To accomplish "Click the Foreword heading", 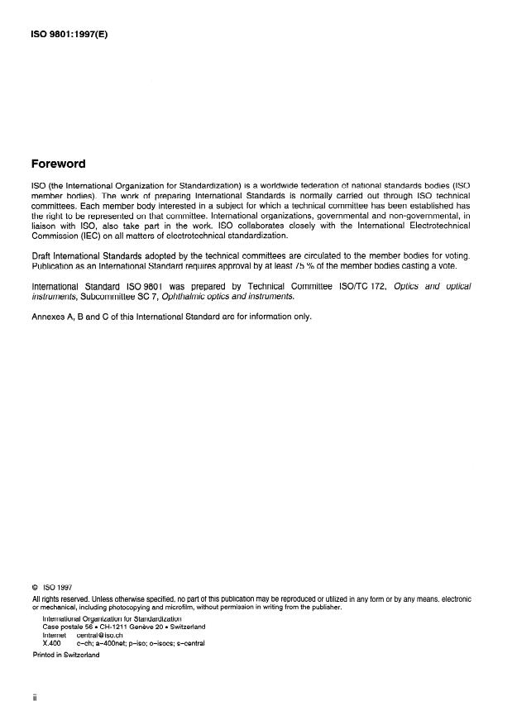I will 59,164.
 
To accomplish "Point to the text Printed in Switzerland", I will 65,655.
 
